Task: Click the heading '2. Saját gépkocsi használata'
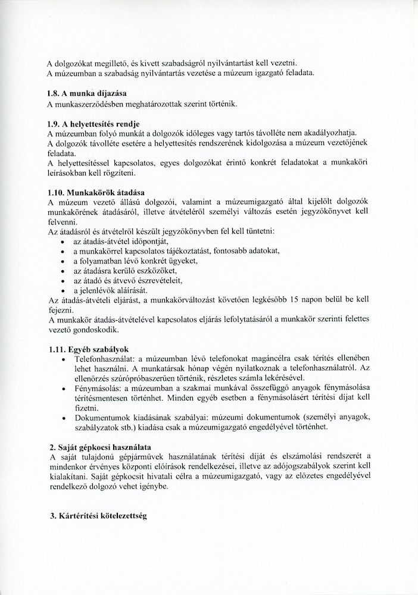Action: click(x=99, y=446)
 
